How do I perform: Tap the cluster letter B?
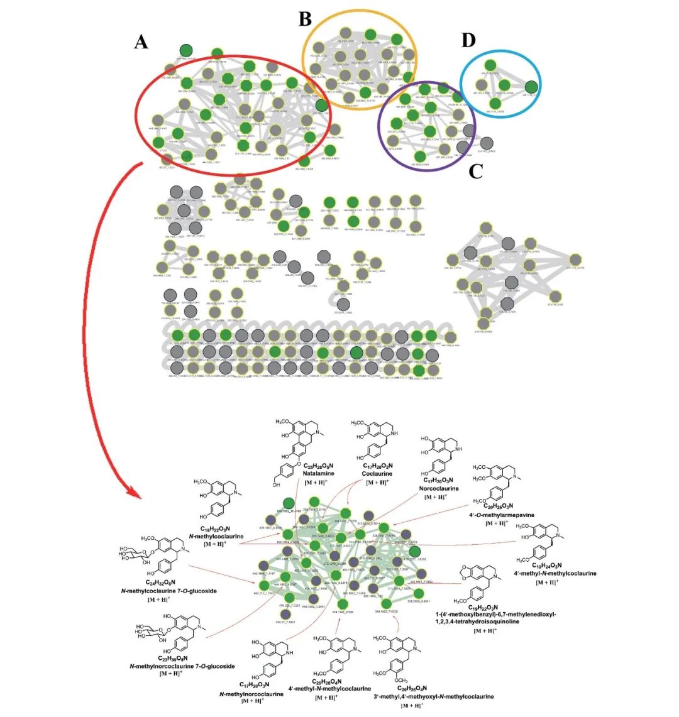pyautogui.click(x=305, y=19)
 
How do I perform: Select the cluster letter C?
pyautogui.click(x=475, y=171)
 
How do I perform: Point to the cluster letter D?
pyautogui.click(x=468, y=40)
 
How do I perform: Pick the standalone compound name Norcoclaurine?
pyautogui.click(x=439, y=488)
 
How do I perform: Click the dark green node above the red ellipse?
pyautogui.click(x=186, y=50)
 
